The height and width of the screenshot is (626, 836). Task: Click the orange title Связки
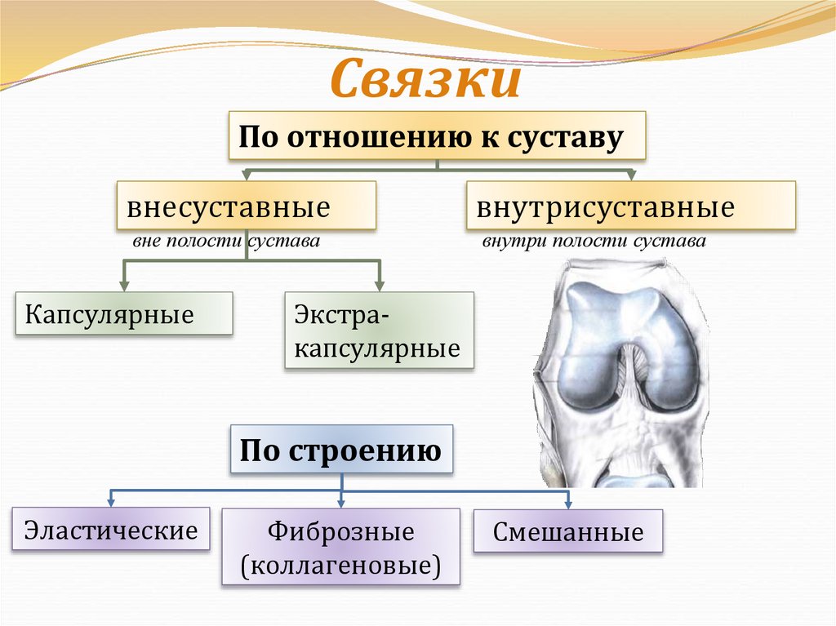(425, 80)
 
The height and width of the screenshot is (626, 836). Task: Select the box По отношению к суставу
(436, 135)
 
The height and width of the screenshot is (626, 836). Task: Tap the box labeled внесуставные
(246, 206)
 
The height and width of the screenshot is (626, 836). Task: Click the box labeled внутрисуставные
(630, 206)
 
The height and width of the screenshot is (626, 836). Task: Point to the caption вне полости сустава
(225, 242)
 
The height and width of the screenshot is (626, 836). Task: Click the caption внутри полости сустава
(594, 242)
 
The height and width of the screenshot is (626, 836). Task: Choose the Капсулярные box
(124, 314)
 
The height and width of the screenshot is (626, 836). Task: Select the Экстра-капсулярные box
(380, 331)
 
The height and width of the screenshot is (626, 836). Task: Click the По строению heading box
(341, 449)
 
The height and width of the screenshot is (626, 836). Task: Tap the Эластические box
(111, 529)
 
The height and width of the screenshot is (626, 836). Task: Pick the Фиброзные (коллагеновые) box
(340, 547)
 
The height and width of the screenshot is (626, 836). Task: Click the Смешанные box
(568, 532)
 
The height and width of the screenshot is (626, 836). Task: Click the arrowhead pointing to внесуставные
(246, 175)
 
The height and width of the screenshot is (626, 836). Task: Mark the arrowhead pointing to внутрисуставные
(630, 175)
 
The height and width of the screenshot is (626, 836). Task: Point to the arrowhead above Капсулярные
(124, 286)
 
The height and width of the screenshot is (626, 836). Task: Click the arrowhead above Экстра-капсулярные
(380, 286)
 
